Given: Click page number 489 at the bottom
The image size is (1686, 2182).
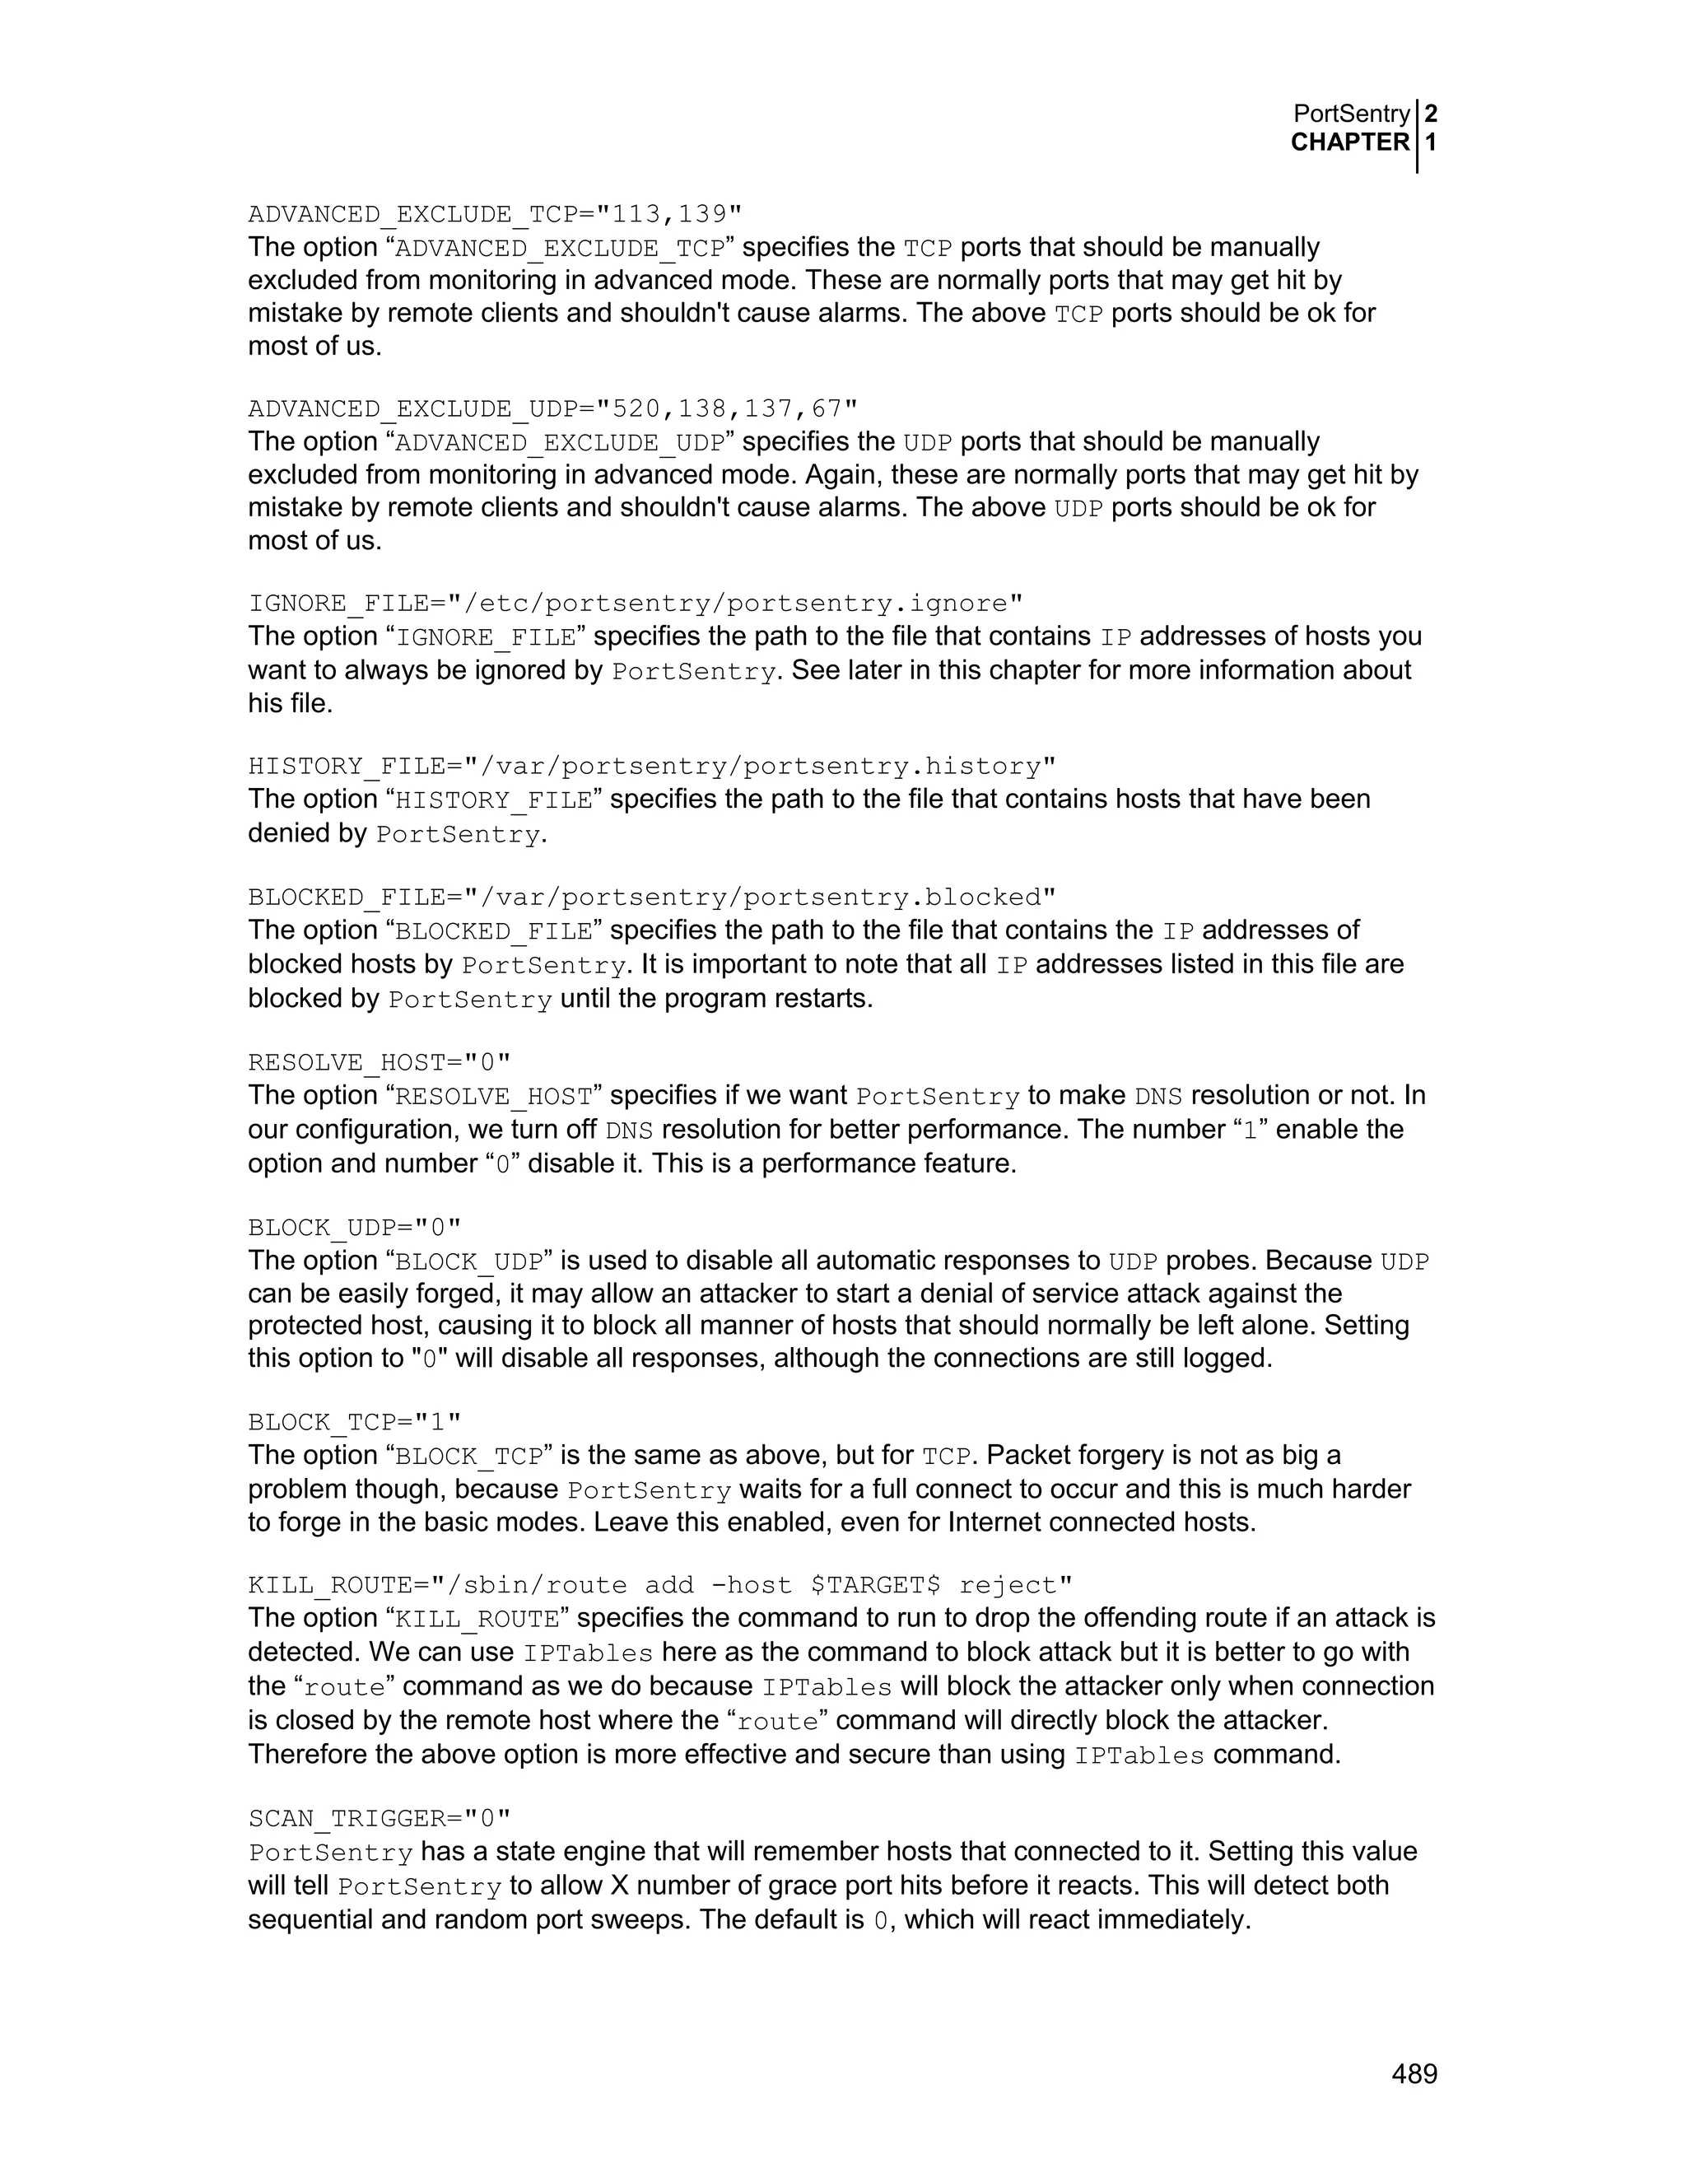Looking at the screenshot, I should point(1414,2074).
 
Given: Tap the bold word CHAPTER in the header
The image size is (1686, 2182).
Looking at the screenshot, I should point(1349,143).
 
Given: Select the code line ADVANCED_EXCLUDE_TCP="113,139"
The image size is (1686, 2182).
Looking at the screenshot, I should point(495,215).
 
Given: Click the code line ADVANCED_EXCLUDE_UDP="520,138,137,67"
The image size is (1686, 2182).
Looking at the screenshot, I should point(552,408).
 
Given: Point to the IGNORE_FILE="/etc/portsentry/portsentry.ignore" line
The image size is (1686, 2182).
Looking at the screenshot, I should point(636,604).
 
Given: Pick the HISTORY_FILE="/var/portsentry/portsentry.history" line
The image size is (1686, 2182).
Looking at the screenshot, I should point(651,767).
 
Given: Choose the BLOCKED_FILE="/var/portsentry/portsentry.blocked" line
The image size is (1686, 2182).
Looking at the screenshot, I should point(651,898).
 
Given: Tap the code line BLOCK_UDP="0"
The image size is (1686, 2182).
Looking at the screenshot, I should point(355,1227).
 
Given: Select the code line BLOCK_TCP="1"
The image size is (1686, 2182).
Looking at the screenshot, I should point(355,1422).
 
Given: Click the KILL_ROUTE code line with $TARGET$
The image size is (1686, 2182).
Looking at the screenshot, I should point(660,1586).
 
